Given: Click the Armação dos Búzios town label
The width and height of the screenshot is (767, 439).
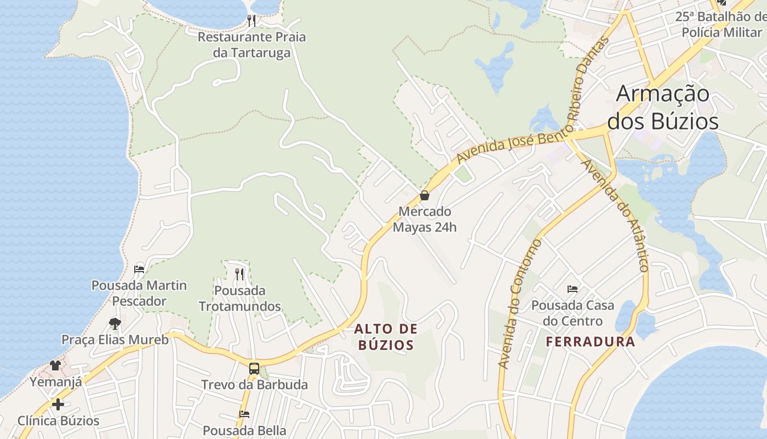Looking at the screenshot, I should coord(663,107).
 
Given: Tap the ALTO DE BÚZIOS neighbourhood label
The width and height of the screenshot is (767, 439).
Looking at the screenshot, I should coord(386,337).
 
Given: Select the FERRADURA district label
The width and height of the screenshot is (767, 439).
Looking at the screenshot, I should coord(591,342).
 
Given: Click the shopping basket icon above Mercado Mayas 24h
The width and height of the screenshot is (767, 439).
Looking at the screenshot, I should coord(424,195).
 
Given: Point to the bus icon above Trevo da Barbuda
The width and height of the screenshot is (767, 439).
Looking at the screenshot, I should coord(254,368).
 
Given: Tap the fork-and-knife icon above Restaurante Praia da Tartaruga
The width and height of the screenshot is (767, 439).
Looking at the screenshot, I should coord(251,21).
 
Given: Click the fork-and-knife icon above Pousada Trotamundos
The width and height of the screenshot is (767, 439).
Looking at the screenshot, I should coord(239,274).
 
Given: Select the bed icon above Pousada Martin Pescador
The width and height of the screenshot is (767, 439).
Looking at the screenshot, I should coord(139,269).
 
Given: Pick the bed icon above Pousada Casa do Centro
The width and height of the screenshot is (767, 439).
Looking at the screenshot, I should coord(573,289).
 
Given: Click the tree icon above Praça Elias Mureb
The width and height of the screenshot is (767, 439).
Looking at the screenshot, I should coord(115,323).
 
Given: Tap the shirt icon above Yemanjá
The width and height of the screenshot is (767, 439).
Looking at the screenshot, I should coord(55,365).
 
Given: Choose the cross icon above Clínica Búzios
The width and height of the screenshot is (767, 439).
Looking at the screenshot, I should coord(58,404).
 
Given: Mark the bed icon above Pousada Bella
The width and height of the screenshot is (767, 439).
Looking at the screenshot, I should coord(244,414).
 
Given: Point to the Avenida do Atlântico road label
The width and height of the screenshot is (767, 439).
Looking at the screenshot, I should coord(615,215).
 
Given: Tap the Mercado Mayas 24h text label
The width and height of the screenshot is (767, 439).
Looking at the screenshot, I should coord(425,219).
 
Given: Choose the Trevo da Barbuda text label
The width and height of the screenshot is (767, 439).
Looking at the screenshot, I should coord(254,385).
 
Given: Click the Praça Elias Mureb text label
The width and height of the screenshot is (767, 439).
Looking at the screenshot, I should coord(115,340).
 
